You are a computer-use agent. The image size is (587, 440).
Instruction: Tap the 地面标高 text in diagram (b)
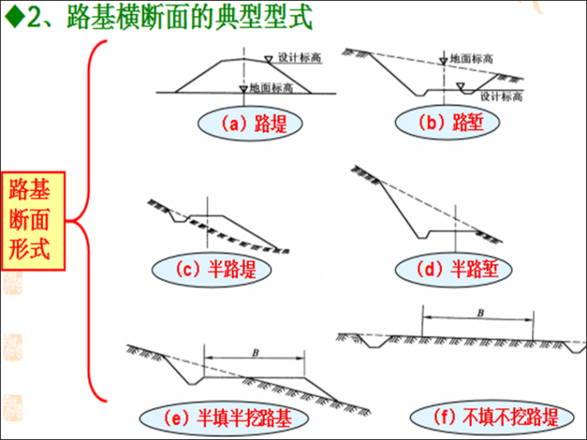tap(472, 58)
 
